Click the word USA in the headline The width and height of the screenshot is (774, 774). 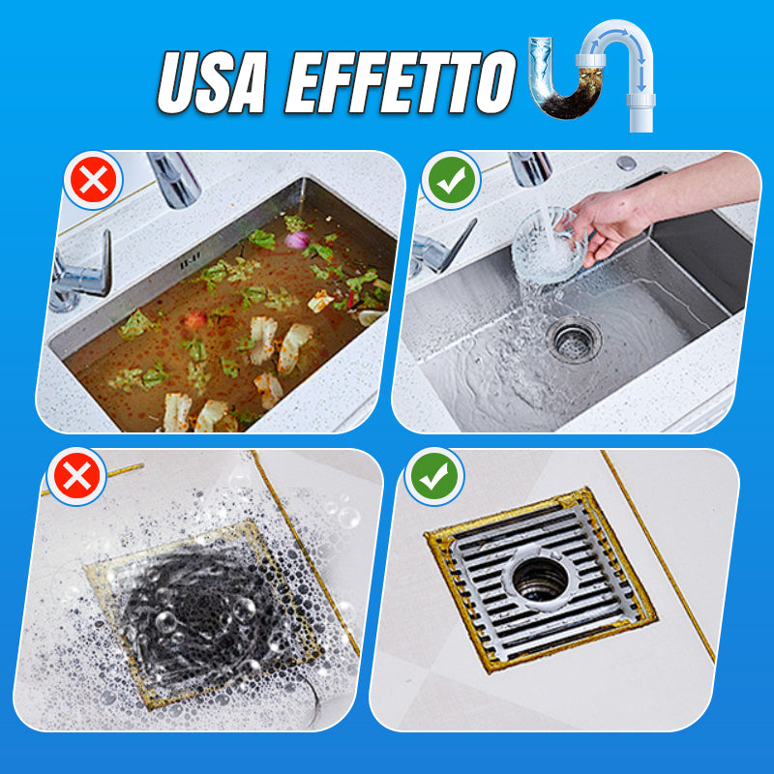[x=212, y=82]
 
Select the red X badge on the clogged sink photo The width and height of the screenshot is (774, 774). [x=93, y=180]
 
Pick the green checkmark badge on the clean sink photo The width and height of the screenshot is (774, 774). [x=451, y=180]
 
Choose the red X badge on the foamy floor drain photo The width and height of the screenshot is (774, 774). [x=76, y=476]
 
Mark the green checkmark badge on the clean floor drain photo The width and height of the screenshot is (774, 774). [x=434, y=476]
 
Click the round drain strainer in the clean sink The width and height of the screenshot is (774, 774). [x=574, y=340]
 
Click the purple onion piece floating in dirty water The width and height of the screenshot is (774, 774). [x=297, y=240]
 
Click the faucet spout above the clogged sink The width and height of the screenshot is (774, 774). [x=174, y=179]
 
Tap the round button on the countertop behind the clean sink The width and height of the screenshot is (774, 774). [x=626, y=163]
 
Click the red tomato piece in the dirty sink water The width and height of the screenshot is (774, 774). [x=195, y=320]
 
